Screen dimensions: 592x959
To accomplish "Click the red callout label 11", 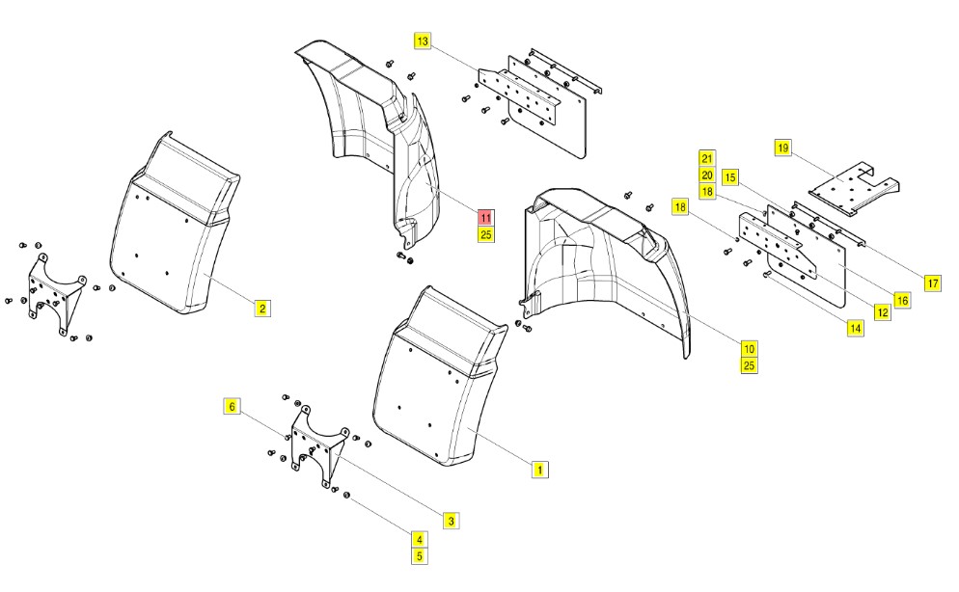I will pos(485,219).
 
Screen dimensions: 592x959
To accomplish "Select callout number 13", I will pos(423,41).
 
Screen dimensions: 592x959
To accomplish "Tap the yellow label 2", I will pos(262,309).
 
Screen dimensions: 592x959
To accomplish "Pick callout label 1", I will pos(540,470).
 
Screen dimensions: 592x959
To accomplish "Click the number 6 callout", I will pos(232,407).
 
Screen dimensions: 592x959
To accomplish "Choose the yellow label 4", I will pos(420,540).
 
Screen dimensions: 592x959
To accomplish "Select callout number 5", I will pos(420,555).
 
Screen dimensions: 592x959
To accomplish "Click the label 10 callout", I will pos(750,347).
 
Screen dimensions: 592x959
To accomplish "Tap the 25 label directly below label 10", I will pos(750,364).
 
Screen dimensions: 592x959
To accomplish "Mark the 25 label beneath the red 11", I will pos(485,234).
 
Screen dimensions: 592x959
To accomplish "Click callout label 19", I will pos(782,148).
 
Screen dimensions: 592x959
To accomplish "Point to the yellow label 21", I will pos(707,159).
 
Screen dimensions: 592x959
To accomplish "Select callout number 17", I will pos(932,283).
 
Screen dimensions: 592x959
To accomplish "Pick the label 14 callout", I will pos(855,328).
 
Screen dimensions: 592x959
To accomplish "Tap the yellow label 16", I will pos(903,300).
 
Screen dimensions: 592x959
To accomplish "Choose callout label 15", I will pos(730,177).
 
